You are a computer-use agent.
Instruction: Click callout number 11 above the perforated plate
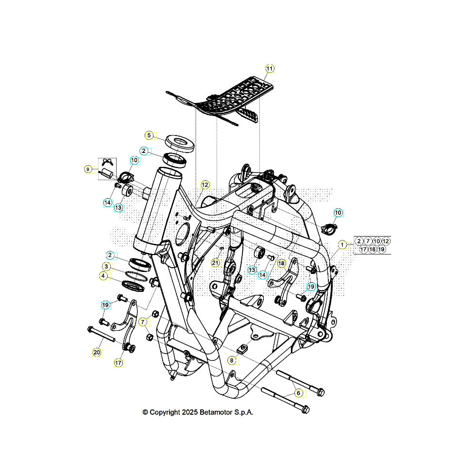[270, 68]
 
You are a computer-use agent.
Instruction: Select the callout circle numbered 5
[150, 135]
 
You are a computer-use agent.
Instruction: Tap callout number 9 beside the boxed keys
[105, 266]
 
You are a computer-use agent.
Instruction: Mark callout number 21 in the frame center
[216, 263]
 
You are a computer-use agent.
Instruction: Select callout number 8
[232, 360]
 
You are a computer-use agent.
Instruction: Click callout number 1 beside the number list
[343, 245]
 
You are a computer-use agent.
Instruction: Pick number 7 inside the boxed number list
[368, 241]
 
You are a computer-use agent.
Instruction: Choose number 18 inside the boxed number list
[372, 249]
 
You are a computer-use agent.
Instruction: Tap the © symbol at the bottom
[145, 412]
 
